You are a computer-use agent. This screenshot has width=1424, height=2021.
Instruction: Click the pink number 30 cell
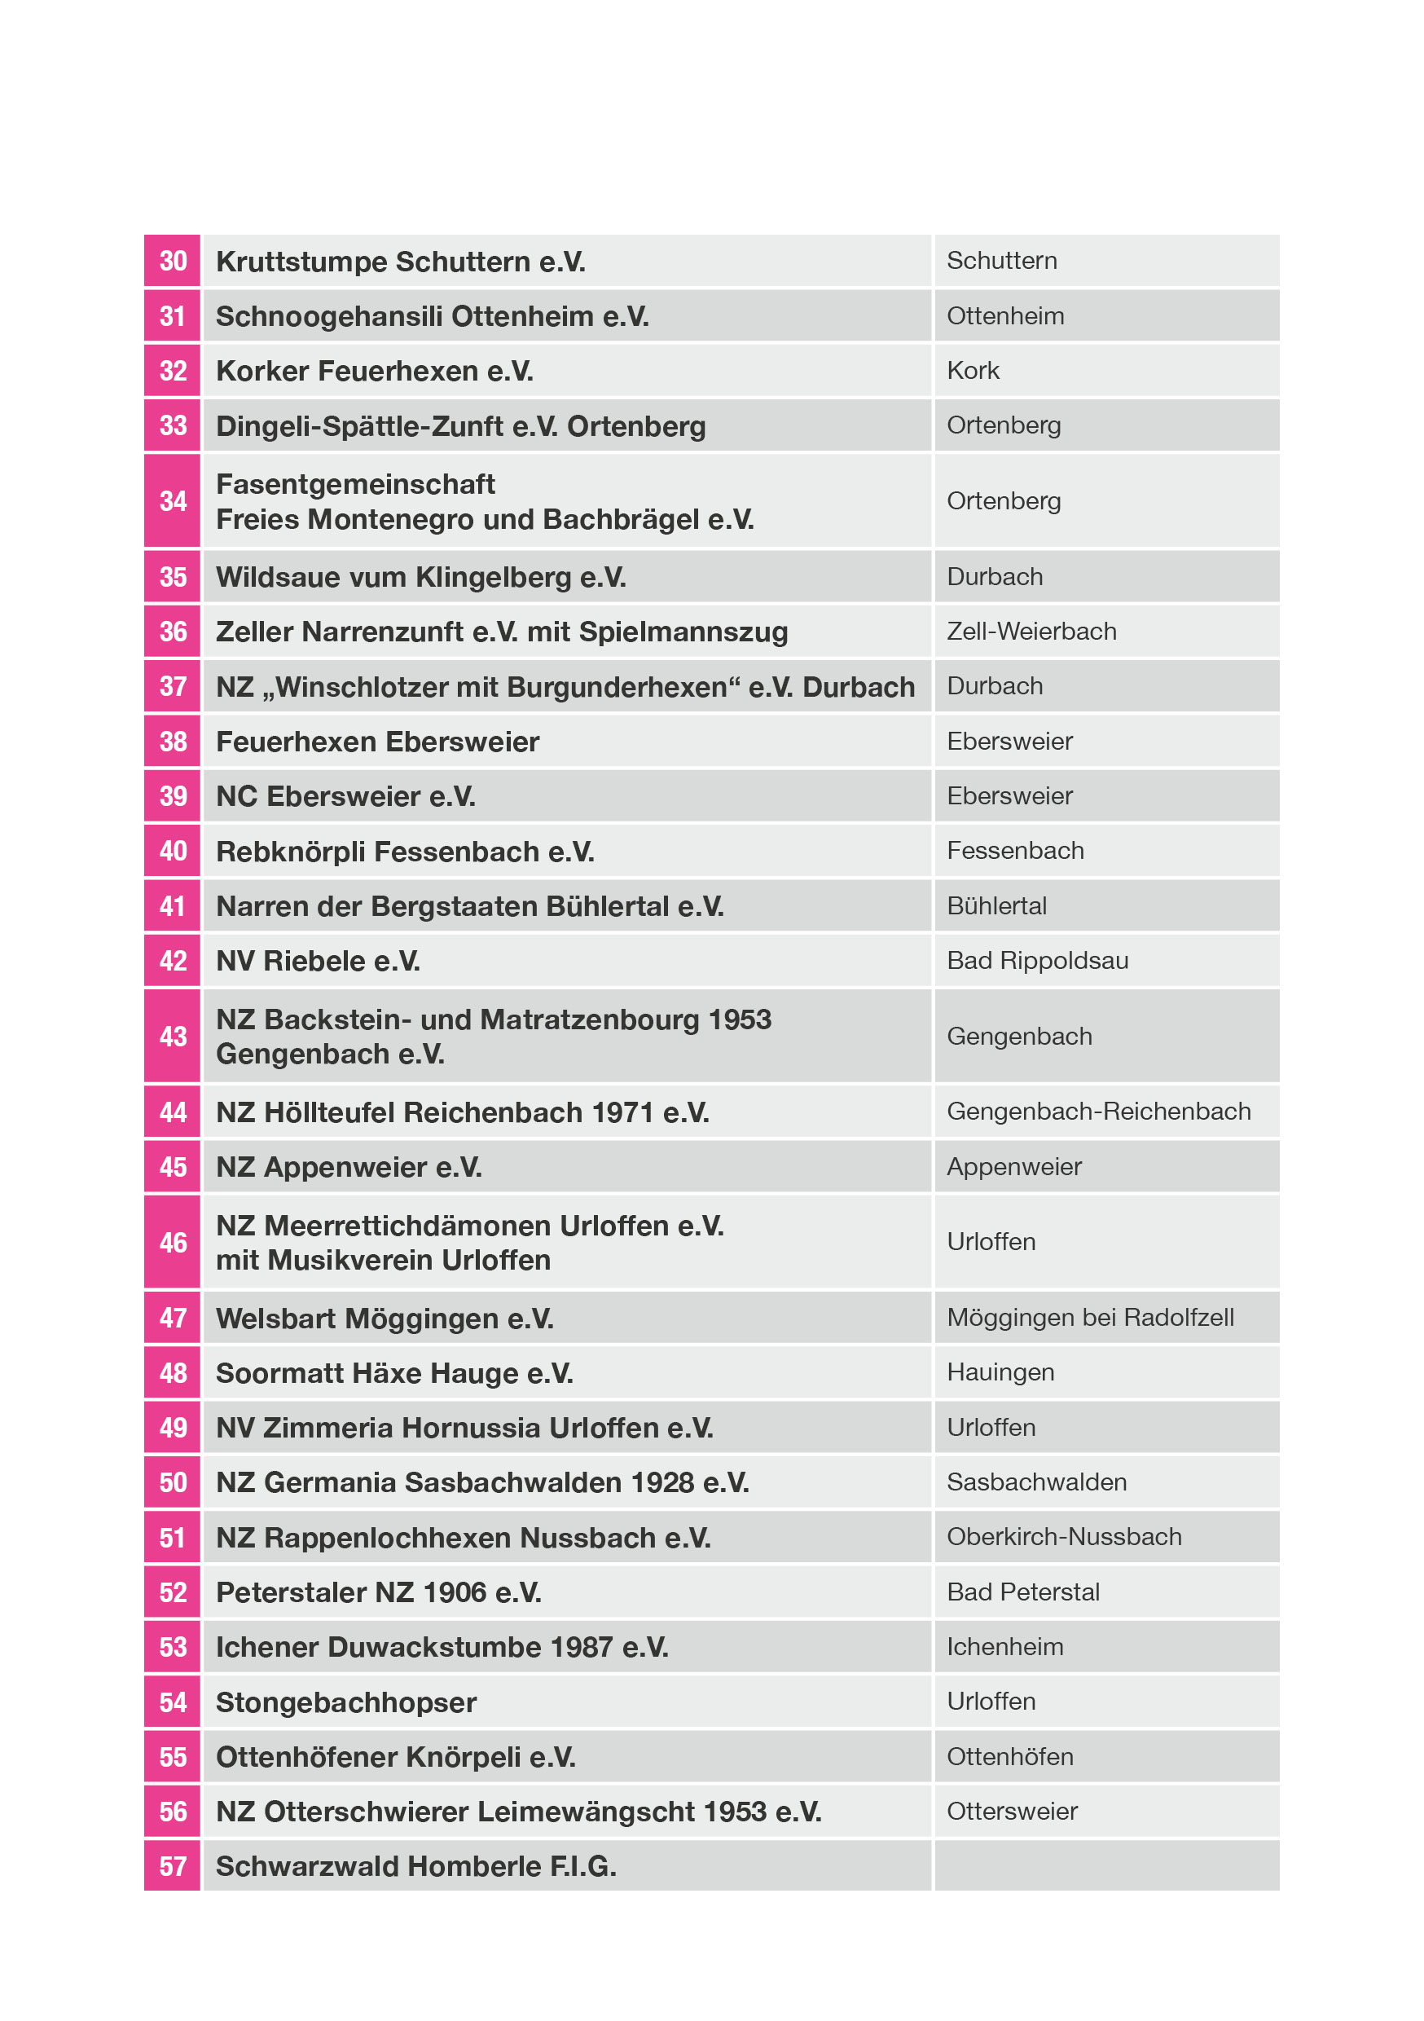pos(173,261)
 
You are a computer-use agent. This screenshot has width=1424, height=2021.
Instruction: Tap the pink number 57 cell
pos(173,1866)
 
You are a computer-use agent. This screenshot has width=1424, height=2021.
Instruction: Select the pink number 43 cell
pos(173,1036)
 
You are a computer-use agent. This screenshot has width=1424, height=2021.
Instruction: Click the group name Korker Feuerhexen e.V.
pos(375,372)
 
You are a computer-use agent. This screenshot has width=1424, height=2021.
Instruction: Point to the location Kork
pos(973,371)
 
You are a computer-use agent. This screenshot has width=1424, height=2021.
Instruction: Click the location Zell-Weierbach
pos(1031,631)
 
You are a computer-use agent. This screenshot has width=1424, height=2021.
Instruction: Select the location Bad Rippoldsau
pos(1038,960)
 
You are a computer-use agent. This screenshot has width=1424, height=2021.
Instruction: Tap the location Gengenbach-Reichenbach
pos(1098,1112)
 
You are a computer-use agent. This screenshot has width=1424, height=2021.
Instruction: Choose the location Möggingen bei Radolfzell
pos(1091,1318)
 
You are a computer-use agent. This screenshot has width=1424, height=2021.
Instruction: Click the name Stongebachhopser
pos(346,1702)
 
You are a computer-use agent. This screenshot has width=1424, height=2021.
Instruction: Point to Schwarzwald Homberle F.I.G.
pos(416,1866)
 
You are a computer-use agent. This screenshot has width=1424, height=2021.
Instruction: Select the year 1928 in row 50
pos(663,1482)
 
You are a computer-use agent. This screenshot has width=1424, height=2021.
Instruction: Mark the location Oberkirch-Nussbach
pos(1064,1537)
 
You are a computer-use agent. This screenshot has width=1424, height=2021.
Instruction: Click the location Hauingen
pos(1000,1372)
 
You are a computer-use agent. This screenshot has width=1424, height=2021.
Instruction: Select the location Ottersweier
pos(1012,1812)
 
